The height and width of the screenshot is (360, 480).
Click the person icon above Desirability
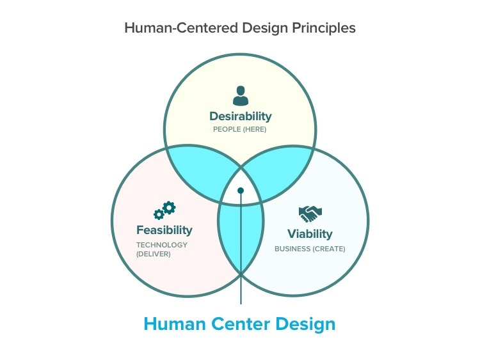click(241, 96)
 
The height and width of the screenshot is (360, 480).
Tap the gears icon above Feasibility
click(164, 210)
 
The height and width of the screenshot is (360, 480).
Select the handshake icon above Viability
click(310, 213)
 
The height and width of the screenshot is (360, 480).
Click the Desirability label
click(241, 116)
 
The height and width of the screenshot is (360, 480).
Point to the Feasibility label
click(164, 230)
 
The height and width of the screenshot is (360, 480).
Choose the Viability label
click(310, 234)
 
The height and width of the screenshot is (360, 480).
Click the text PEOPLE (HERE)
click(240, 130)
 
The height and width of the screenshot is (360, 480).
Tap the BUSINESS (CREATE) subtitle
click(310, 249)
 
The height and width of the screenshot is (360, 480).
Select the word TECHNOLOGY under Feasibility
click(162, 245)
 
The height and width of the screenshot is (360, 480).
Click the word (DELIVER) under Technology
click(154, 254)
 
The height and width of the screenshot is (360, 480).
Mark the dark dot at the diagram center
click(241, 191)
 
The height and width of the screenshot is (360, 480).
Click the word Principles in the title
click(324, 28)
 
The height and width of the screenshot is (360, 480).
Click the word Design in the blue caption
click(305, 324)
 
